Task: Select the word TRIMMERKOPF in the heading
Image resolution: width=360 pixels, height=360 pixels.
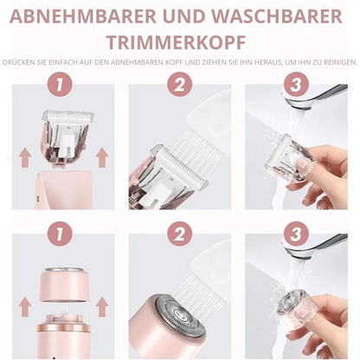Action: point(176,42)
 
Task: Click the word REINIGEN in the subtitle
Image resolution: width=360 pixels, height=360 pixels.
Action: point(341,62)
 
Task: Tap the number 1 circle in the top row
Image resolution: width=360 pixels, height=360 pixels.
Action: point(60,85)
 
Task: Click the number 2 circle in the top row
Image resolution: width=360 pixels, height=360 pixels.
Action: point(179,85)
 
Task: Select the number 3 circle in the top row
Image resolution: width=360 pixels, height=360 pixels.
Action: point(296,85)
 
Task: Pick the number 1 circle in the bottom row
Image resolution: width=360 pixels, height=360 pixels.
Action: point(60,234)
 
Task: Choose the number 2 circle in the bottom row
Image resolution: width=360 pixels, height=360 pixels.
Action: point(179,234)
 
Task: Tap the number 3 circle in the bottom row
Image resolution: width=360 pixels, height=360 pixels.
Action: point(296,234)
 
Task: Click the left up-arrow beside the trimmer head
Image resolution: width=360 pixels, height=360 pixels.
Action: point(25,157)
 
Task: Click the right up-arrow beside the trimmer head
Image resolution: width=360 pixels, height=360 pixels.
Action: point(102,157)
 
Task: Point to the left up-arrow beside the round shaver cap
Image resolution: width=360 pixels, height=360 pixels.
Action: point(25,307)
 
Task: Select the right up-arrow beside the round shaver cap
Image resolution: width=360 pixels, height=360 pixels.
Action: point(102,307)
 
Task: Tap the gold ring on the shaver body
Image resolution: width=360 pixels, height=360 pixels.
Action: point(64,328)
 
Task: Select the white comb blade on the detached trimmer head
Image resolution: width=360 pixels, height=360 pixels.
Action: point(68,116)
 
